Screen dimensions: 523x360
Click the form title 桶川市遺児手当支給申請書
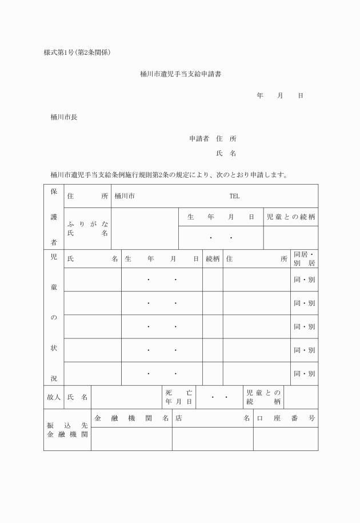[x=180, y=74]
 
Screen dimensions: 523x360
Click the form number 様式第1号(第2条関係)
[x=77, y=53]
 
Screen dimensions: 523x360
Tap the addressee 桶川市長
[x=64, y=117]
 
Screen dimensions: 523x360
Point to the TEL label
[x=234, y=196]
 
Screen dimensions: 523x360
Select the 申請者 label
[x=199, y=139]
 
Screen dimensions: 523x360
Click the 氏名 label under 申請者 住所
[x=226, y=154]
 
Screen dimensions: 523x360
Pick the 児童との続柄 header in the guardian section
[x=291, y=217]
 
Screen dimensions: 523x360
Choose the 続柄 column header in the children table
[x=213, y=259]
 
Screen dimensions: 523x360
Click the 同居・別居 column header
[x=304, y=259]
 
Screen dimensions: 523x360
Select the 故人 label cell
[x=53, y=397]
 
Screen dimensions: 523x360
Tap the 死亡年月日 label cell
[x=178, y=397]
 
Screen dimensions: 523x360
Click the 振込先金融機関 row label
[x=67, y=430]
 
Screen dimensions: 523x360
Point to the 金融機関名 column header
[x=131, y=418]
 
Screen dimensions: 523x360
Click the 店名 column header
[x=213, y=418]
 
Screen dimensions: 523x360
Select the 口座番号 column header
[x=286, y=418]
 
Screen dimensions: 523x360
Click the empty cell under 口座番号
[x=286, y=439]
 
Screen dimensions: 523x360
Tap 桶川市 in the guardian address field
[x=125, y=196]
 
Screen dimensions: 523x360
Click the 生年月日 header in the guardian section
[x=221, y=217]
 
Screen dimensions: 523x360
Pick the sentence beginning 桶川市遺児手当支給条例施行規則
[x=169, y=174]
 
